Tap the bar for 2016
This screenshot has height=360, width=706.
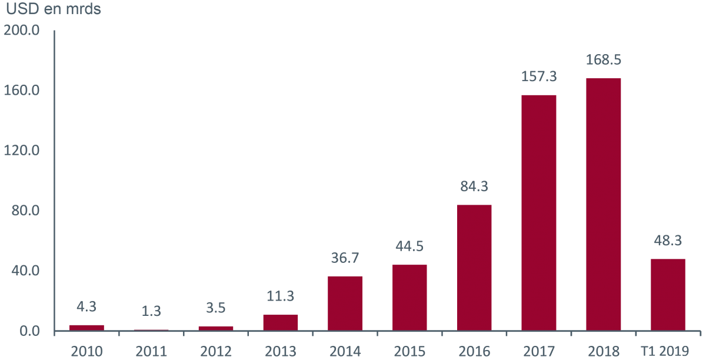(474, 267)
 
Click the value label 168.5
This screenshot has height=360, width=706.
(604, 60)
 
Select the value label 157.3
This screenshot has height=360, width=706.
(539, 76)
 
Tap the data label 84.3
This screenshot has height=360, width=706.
(474, 186)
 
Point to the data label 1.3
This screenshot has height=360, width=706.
(151, 311)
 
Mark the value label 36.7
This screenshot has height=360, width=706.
(345, 258)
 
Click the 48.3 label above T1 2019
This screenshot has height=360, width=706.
(668, 241)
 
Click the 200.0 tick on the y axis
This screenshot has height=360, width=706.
(21, 30)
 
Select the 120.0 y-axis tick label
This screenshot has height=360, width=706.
(21, 151)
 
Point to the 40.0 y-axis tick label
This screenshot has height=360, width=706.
(25, 271)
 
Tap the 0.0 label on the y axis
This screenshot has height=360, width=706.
(28, 332)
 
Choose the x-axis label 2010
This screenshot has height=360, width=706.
(86, 351)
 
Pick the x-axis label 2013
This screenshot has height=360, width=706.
(281, 351)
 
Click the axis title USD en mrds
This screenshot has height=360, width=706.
(54, 11)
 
